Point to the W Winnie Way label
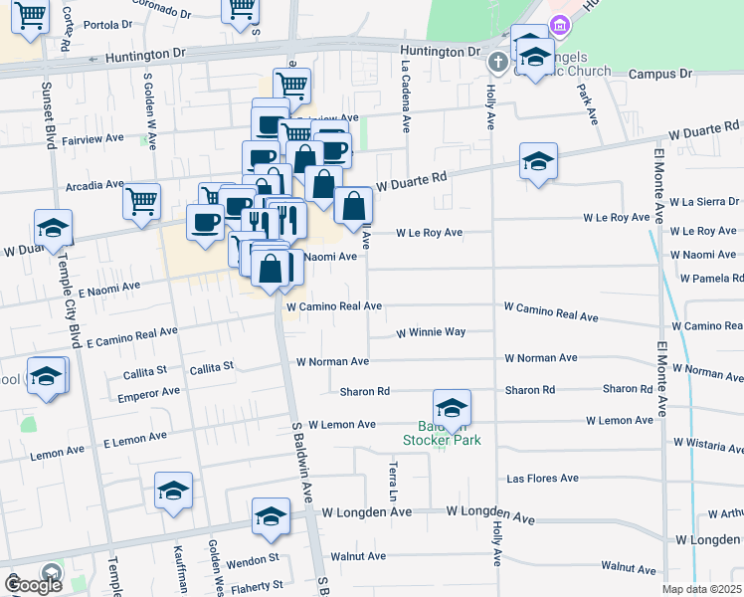tap(431, 332)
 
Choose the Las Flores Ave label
tap(542, 479)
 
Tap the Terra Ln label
tap(394, 480)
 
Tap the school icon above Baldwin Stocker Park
tap(452, 408)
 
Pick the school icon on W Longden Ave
tap(271, 516)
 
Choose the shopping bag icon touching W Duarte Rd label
tap(353, 206)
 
